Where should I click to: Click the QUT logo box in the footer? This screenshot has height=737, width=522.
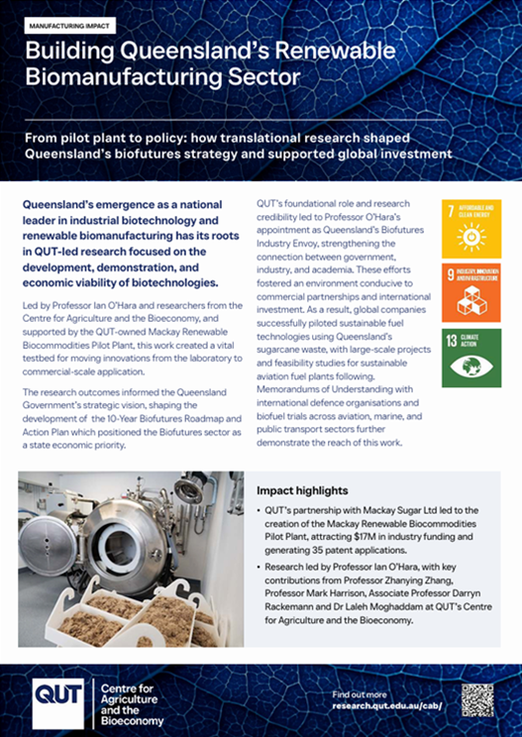pos(60,699)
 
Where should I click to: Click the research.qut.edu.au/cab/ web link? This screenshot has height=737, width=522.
pos(386,706)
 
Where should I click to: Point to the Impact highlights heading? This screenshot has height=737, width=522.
pos(301,489)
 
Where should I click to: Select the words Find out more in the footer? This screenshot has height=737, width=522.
pos(361,693)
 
